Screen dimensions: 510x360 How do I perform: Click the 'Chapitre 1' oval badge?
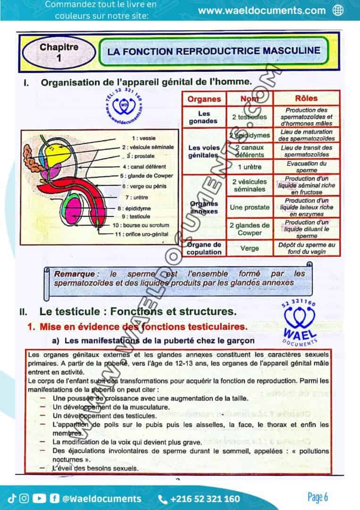[59, 52]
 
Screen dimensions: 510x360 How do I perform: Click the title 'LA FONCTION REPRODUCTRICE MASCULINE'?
[213, 51]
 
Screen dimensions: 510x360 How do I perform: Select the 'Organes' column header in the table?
[204, 99]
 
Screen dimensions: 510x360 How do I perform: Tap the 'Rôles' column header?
[306, 99]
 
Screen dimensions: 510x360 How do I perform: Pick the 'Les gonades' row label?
[204, 117]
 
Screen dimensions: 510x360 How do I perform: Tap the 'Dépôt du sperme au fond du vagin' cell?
[306, 248]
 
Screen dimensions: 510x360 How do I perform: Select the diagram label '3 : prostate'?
[141, 156]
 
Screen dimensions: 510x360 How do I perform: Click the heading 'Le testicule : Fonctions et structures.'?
[137, 311]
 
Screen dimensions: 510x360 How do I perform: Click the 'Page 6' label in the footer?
[317, 497]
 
